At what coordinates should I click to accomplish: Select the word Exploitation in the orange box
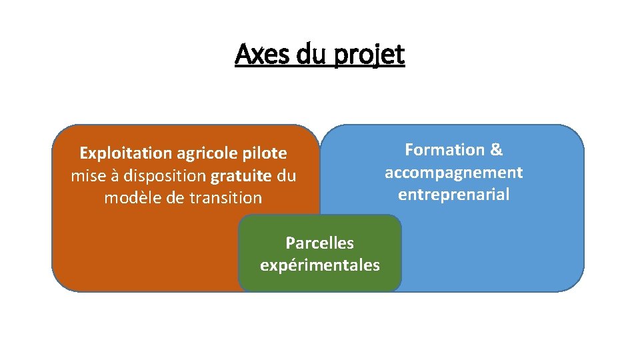pyautogui.click(x=125, y=153)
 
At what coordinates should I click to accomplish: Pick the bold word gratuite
pyautogui.click(x=241, y=176)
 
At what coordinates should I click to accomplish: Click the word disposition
pyautogui.click(x=167, y=176)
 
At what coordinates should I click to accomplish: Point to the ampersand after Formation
pyautogui.click(x=496, y=150)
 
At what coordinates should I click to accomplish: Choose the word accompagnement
pyautogui.click(x=453, y=173)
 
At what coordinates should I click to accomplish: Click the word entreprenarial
pyautogui.click(x=453, y=195)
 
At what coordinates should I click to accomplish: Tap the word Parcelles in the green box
pyautogui.click(x=319, y=243)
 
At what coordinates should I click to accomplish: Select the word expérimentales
pyautogui.click(x=319, y=265)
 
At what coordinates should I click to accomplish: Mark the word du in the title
pyautogui.click(x=309, y=54)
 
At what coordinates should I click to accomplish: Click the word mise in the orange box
pyautogui.click(x=86, y=176)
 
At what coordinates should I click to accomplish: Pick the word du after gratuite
pyautogui.click(x=286, y=176)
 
